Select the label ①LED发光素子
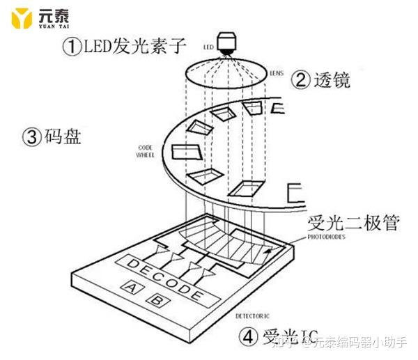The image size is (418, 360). [x=125, y=47]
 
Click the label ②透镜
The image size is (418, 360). [x=321, y=80]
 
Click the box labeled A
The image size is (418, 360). [x=130, y=286]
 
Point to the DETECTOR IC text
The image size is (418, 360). [x=251, y=315]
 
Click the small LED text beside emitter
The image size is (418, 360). [x=207, y=47]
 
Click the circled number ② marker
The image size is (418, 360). [x=300, y=81]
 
